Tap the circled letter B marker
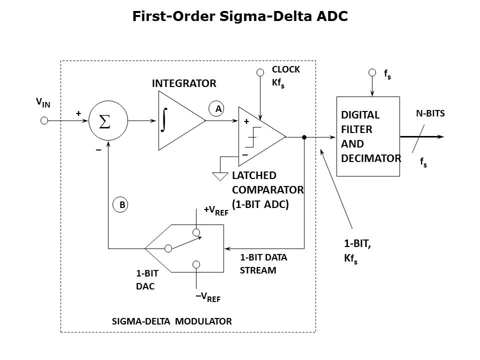[120, 204]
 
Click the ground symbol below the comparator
[219, 176]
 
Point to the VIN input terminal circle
[44, 120]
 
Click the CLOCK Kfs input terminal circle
[260, 73]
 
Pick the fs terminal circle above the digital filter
[372, 73]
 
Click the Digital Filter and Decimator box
[368, 136]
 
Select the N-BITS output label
[430, 113]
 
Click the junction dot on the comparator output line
[304, 136]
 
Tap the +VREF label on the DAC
[216, 210]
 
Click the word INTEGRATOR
[184, 83]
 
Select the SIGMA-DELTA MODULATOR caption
[172, 321]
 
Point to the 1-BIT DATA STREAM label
[263, 264]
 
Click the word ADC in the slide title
[332, 16]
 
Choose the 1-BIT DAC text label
[145, 280]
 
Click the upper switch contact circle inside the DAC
[196, 232]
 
